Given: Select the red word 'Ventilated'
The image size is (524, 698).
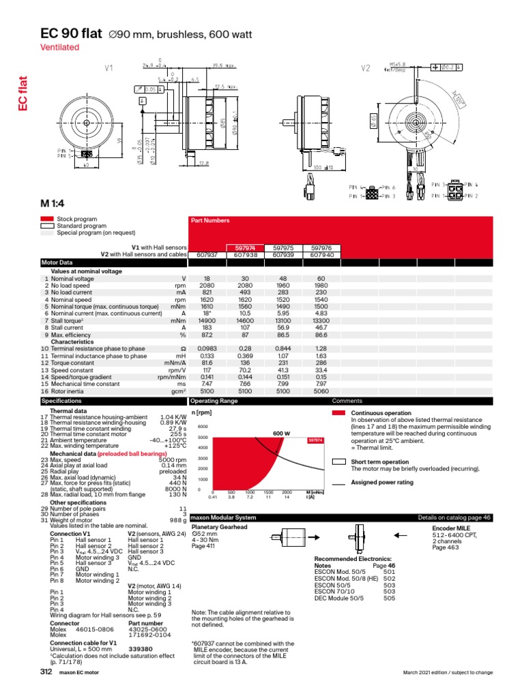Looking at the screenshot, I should (61, 47).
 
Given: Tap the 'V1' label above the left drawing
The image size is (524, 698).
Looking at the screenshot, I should (108, 67).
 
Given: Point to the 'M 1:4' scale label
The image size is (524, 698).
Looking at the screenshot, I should (56, 202).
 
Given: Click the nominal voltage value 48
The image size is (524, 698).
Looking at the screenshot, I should (282, 279).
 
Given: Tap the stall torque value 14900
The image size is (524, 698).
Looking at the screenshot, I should (205, 320).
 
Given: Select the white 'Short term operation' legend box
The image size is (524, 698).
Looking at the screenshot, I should (338, 461).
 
